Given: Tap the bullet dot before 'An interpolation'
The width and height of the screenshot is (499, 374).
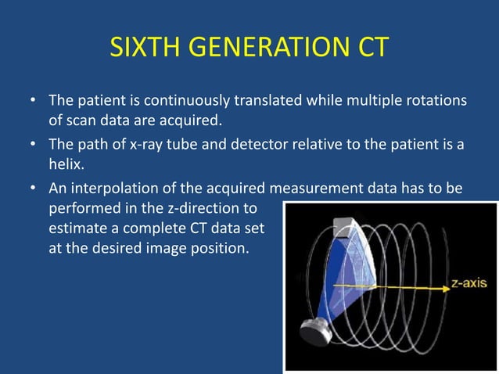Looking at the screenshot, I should pos(32,189).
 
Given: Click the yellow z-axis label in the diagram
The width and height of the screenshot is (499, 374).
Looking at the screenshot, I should pos(470,286).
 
